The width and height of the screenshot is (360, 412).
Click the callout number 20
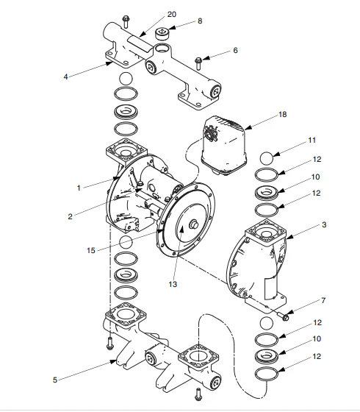pyautogui.click(x=172, y=15)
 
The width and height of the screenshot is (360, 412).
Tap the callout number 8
pyautogui.click(x=199, y=22)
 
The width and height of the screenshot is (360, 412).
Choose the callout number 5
pyautogui.click(x=55, y=380)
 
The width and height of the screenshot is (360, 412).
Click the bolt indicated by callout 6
pyautogui.click(x=198, y=60)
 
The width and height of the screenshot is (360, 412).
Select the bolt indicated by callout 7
pyautogui.click(x=284, y=316)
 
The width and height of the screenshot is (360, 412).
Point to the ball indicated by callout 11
pyautogui.click(x=267, y=158)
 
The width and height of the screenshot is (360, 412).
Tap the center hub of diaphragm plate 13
pyautogui.click(x=195, y=226)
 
